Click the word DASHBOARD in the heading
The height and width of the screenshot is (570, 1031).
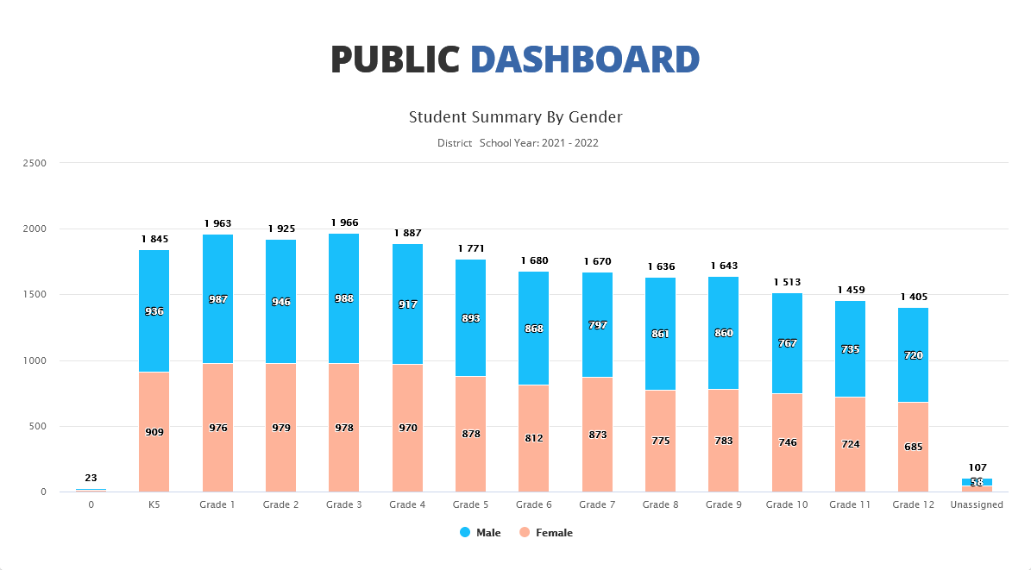click(584, 59)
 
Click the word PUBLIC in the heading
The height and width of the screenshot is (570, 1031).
click(395, 59)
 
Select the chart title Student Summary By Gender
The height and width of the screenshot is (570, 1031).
click(515, 116)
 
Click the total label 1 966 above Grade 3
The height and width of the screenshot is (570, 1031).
click(344, 223)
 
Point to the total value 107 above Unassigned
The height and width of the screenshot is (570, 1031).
click(977, 467)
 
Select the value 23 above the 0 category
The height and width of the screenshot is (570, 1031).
click(91, 478)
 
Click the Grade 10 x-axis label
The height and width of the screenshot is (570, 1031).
click(786, 504)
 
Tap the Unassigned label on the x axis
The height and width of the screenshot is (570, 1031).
click(977, 504)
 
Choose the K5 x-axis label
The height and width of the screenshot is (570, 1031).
click(154, 504)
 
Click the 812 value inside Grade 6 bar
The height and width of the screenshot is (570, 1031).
click(534, 438)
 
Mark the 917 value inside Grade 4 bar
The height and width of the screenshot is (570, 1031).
click(407, 304)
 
